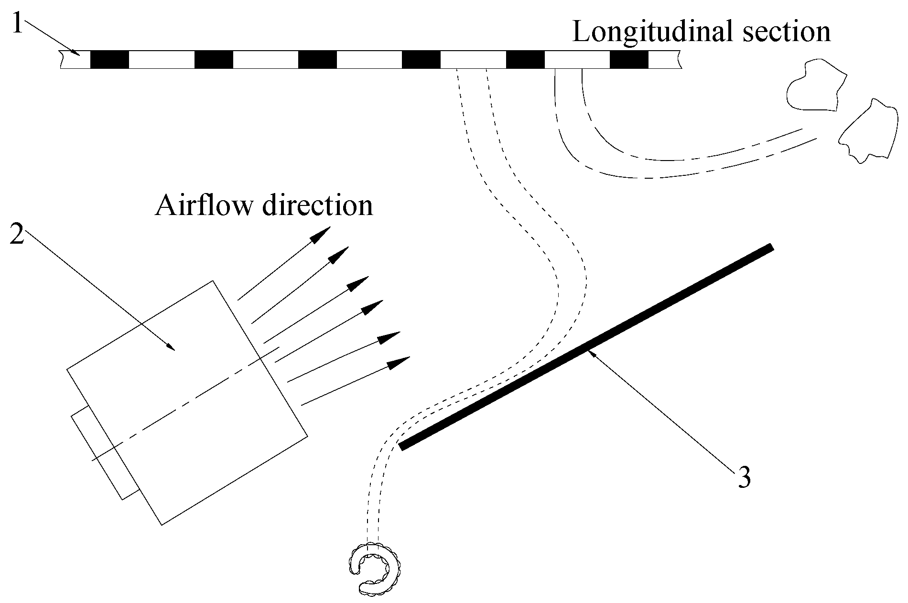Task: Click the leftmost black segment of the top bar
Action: click(x=109, y=59)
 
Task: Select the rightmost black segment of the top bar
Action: click(x=629, y=59)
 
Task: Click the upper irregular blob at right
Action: click(x=815, y=86)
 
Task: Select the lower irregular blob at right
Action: click(x=867, y=131)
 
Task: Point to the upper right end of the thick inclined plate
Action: click(x=769, y=248)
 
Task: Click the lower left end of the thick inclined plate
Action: click(x=403, y=446)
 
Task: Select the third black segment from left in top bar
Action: click(x=317, y=59)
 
